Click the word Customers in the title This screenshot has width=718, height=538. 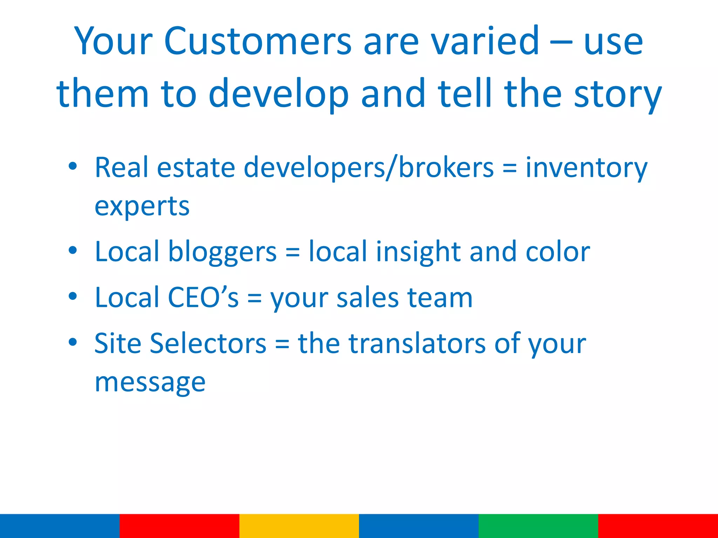click(x=258, y=41)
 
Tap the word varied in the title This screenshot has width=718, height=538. click(x=485, y=41)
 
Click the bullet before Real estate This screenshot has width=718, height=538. click(x=73, y=167)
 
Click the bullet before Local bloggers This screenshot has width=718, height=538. click(x=73, y=251)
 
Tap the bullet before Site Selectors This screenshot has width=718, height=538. click(x=73, y=342)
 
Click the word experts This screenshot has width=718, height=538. click(x=142, y=207)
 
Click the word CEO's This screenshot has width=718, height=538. click(x=203, y=297)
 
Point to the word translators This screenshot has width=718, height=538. click(x=417, y=343)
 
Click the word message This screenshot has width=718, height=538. click(x=150, y=382)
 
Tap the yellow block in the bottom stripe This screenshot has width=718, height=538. click(x=299, y=526)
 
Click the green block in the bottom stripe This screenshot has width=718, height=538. click(x=538, y=526)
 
